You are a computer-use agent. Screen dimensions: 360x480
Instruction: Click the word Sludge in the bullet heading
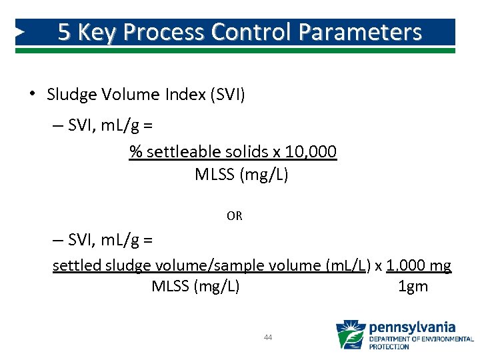point(69,95)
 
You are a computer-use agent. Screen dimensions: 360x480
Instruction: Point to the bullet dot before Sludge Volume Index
point(31,94)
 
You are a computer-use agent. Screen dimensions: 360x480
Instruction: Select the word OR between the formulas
point(235,216)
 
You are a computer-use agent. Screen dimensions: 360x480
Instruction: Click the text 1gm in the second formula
point(413,287)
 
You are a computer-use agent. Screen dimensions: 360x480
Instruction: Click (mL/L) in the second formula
point(347,265)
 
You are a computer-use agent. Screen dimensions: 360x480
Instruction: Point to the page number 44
point(268,337)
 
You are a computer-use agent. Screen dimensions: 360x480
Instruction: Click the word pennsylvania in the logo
point(413,327)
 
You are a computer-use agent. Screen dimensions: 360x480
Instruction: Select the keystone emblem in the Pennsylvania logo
point(351,335)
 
